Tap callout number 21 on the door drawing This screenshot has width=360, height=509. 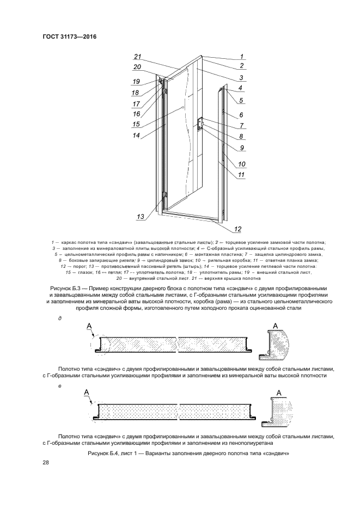(138, 57)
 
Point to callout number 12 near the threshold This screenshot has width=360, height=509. (237, 229)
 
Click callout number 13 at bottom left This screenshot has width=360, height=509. (141, 217)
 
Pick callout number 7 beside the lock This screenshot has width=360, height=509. (240, 126)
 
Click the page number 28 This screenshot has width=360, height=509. (46, 463)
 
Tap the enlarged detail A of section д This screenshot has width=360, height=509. (280, 345)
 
